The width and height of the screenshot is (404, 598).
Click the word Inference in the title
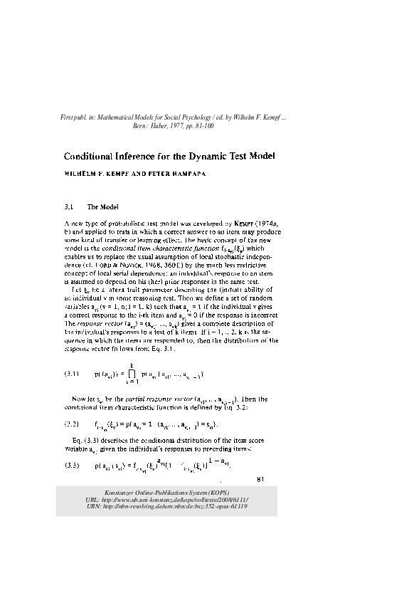(x=129, y=156)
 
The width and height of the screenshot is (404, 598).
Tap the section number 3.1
(x=70, y=206)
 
